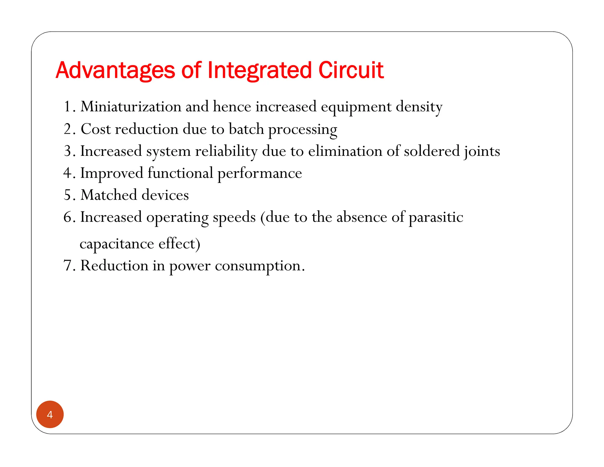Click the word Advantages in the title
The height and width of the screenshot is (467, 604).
(x=115, y=71)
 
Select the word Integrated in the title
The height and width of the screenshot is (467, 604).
(x=260, y=71)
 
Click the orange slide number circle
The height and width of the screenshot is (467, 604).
(x=50, y=414)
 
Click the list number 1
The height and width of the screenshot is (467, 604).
(x=68, y=107)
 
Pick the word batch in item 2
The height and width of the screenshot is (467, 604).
(x=246, y=129)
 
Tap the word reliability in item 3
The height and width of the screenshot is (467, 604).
(x=226, y=151)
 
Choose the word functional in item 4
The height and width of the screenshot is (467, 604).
(x=180, y=173)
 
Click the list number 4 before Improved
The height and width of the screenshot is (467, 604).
(x=67, y=173)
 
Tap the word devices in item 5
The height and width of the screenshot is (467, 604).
(x=165, y=195)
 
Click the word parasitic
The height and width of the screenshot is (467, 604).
(x=436, y=218)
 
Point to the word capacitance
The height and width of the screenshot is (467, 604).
(x=117, y=244)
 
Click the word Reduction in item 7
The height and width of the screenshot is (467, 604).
(x=114, y=265)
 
